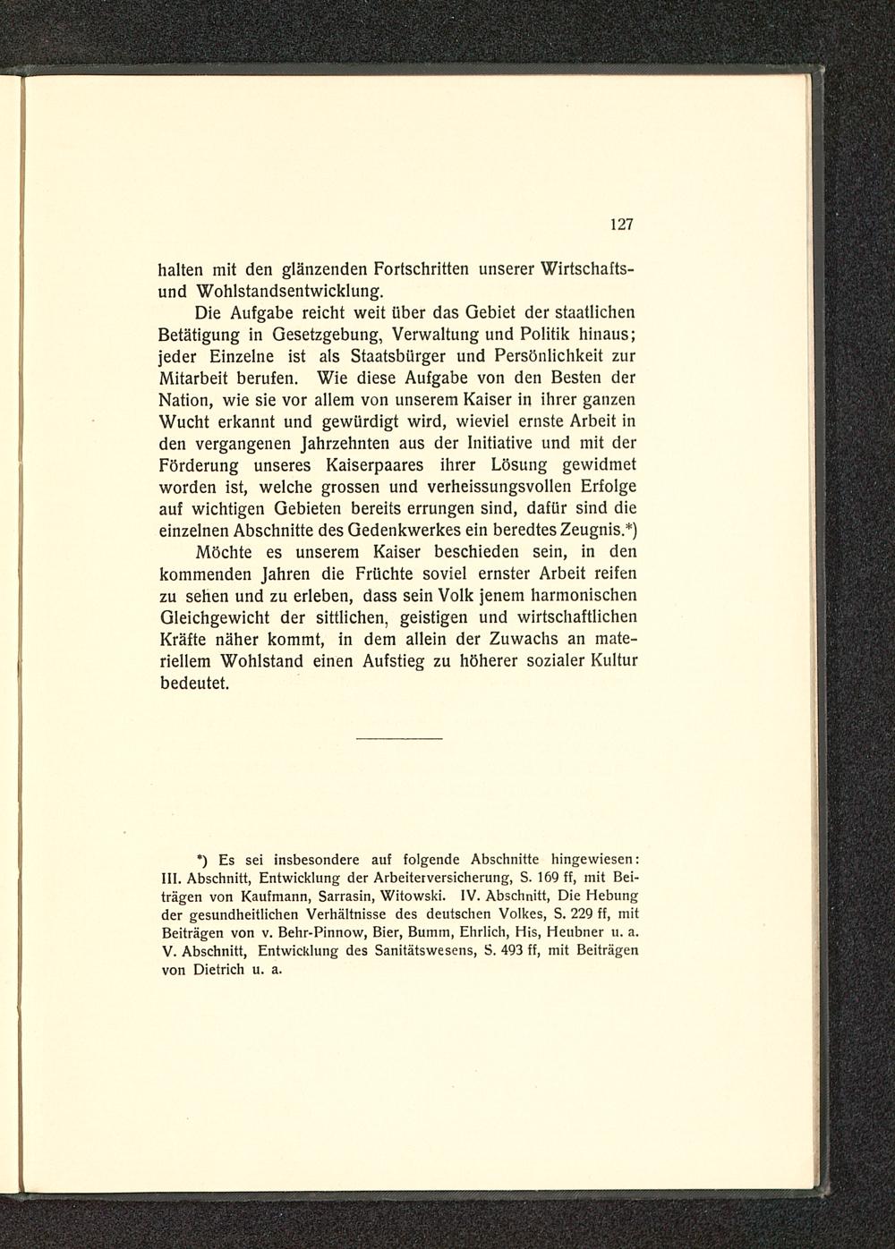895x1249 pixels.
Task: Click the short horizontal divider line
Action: (399, 739)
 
